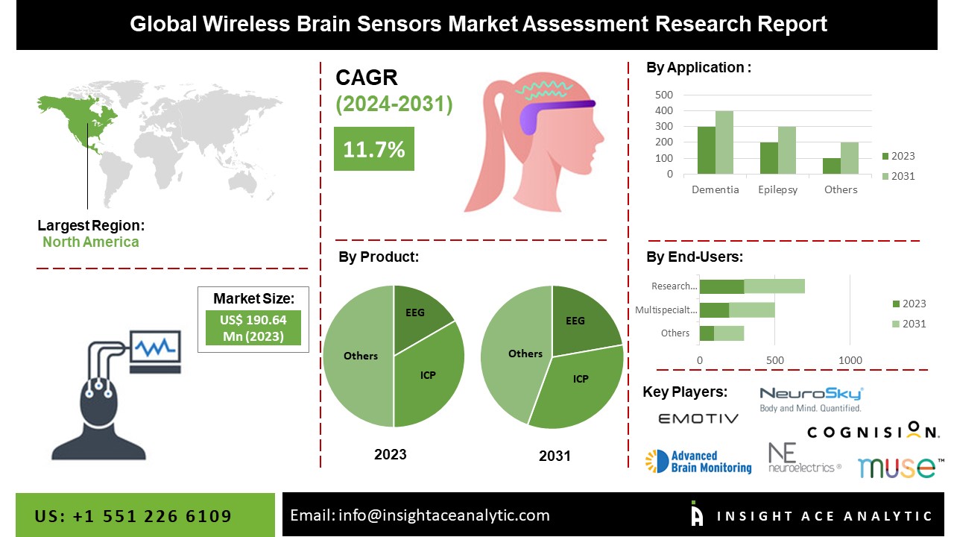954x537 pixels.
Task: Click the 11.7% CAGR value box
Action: pos(373,149)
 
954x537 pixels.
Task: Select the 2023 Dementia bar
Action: pos(706,151)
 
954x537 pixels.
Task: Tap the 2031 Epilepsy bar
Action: pos(787,151)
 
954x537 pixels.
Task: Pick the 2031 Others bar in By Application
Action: pos(849,158)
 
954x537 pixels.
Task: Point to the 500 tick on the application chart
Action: pos(664,95)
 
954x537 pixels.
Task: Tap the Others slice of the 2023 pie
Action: pos(359,356)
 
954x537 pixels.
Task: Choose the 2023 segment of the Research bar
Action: pos(721,286)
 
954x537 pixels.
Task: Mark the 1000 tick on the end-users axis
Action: pos(850,360)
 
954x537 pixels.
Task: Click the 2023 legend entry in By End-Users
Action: pos(909,304)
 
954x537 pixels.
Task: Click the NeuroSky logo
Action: pos(811,399)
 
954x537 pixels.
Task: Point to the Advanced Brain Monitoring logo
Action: pos(698,462)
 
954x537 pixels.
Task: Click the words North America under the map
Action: pos(90,242)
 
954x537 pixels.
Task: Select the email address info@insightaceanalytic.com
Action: pos(420,515)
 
